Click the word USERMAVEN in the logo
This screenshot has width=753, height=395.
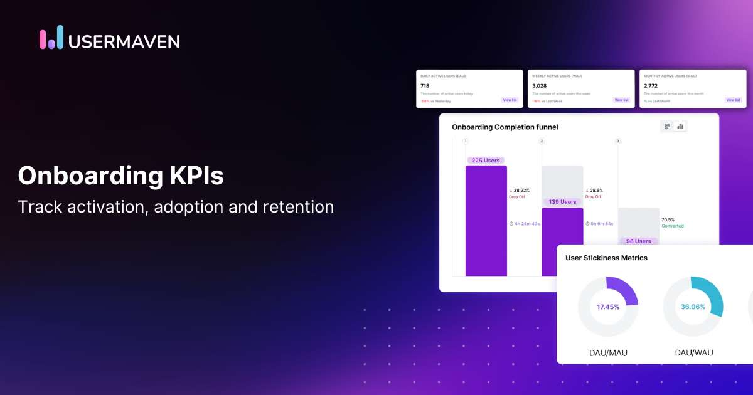(124, 41)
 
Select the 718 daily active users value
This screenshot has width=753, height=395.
(425, 86)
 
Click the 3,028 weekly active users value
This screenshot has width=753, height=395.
(539, 86)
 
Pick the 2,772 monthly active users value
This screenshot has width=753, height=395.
(651, 86)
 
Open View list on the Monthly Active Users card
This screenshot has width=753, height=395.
(732, 100)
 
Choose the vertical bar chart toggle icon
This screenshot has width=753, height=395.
(680, 127)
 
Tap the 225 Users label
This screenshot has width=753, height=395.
(486, 161)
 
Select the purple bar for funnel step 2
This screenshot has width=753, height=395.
(562, 241)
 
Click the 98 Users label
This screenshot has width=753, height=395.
(638, 241)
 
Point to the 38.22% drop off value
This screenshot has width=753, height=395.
(521, 191)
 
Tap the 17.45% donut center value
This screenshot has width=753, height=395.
(608, 307)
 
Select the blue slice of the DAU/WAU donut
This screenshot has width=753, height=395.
(712, 295)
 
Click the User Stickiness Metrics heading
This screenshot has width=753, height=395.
(606, 258)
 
